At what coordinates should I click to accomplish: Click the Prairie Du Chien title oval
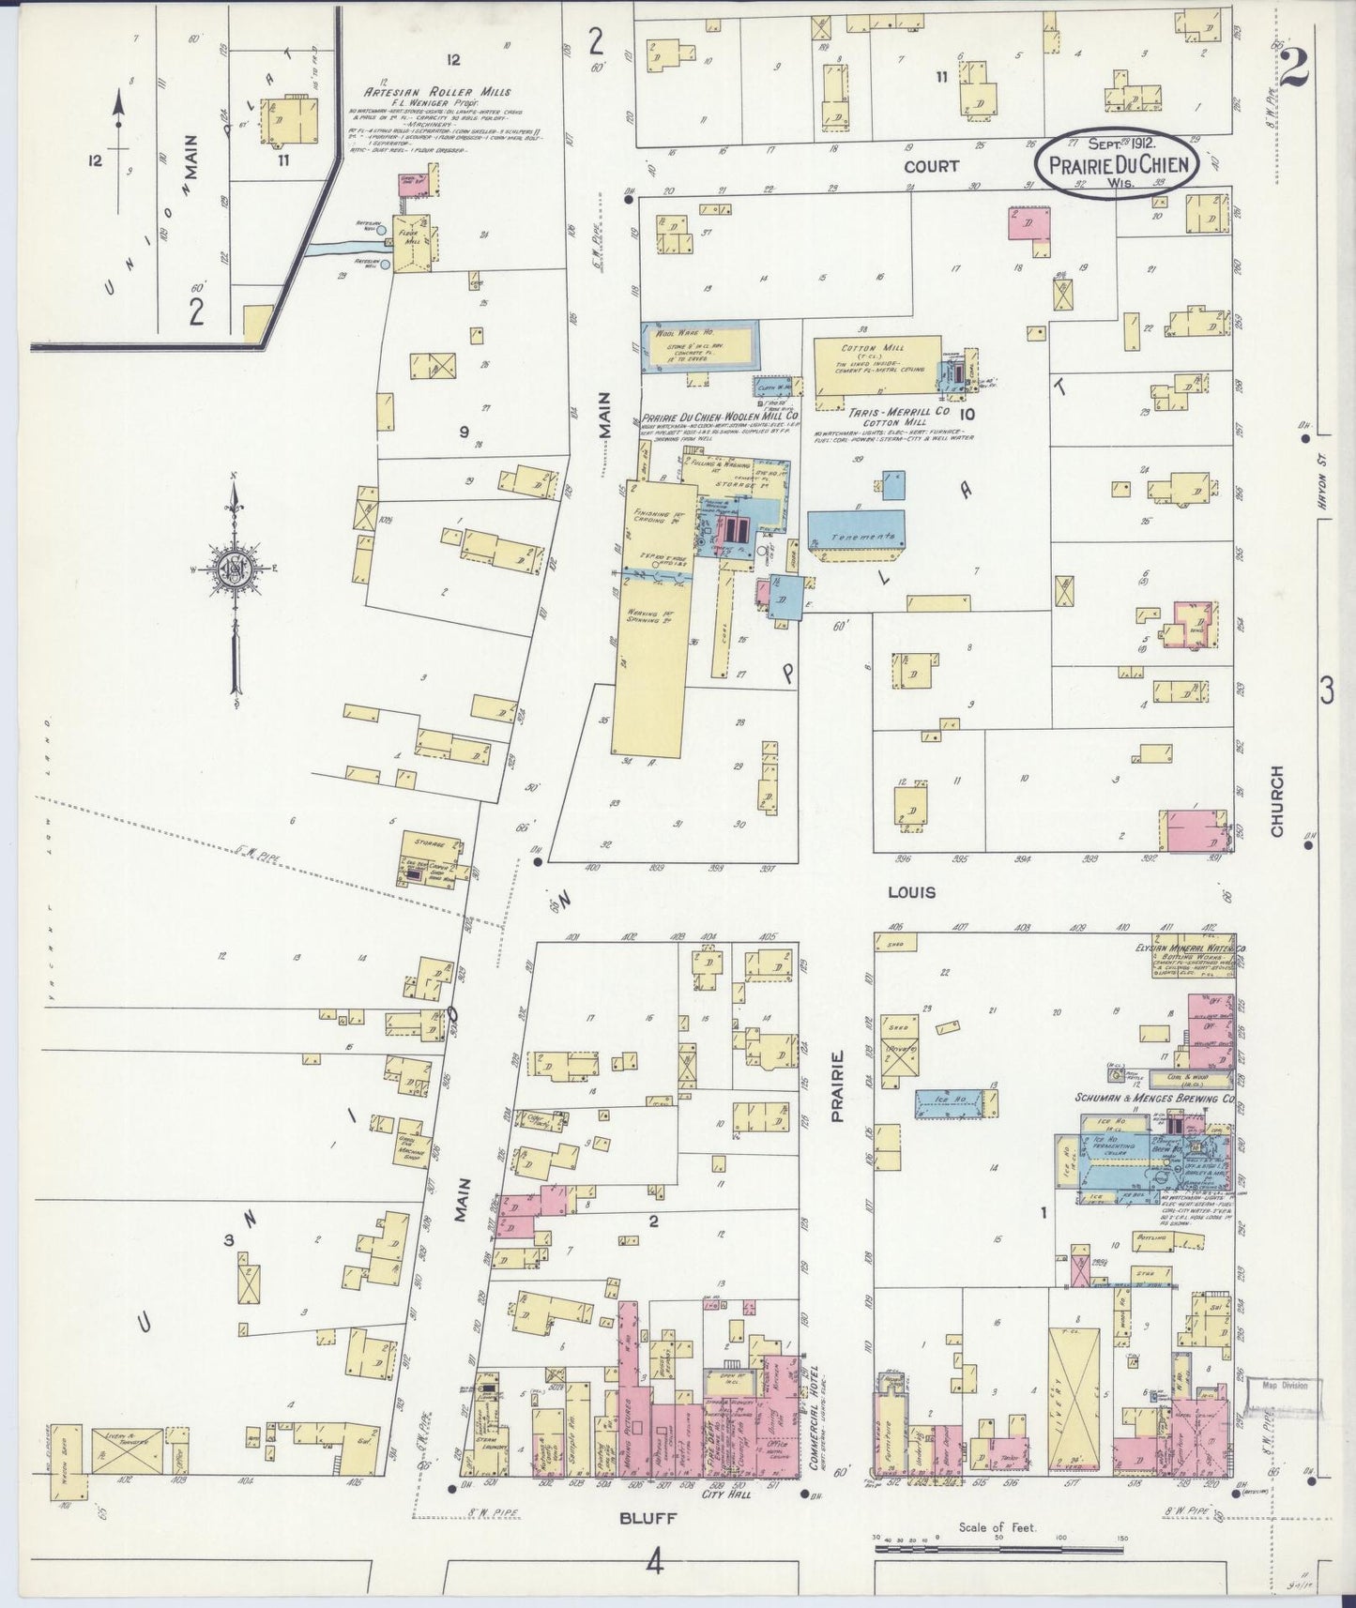tap(1117, 162)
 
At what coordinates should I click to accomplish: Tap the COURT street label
tap(931, 166)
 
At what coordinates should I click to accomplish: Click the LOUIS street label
tap(911, 892)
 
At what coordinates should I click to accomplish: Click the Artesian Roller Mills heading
tap(438, 92)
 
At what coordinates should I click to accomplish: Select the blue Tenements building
tap(856, 536)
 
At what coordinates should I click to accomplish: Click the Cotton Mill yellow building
tap(876, 369)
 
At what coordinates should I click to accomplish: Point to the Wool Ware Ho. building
tap(700, 346)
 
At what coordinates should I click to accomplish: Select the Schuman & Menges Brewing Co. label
tap(1154, 1098)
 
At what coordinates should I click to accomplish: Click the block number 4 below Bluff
tap(654, 1562)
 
